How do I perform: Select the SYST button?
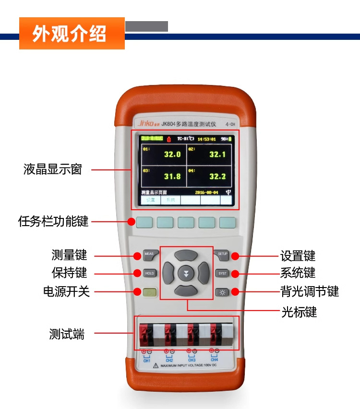click(x=222, y=273)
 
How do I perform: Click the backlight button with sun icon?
click(x=222, y=292)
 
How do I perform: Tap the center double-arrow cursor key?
click(x=186, y=274)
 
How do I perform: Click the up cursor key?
click(x=186, y=254)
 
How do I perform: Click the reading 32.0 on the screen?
click(x=172, y=155)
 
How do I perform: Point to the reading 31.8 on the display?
click(x=172, y=176)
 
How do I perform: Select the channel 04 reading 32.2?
click(x=217, y=176)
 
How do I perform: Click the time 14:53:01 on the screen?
click(x=206, y=139)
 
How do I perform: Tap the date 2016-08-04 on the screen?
click(x=206, y=192)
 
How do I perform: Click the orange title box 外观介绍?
click(x=72, y=34)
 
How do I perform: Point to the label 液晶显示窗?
click(x=53, y=169)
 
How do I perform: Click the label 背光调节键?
click(x=310, y=291)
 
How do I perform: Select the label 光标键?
click(x=299, y=312)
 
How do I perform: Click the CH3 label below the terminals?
click(x=192, y=360)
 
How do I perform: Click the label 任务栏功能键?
click(x=53, y=221)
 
